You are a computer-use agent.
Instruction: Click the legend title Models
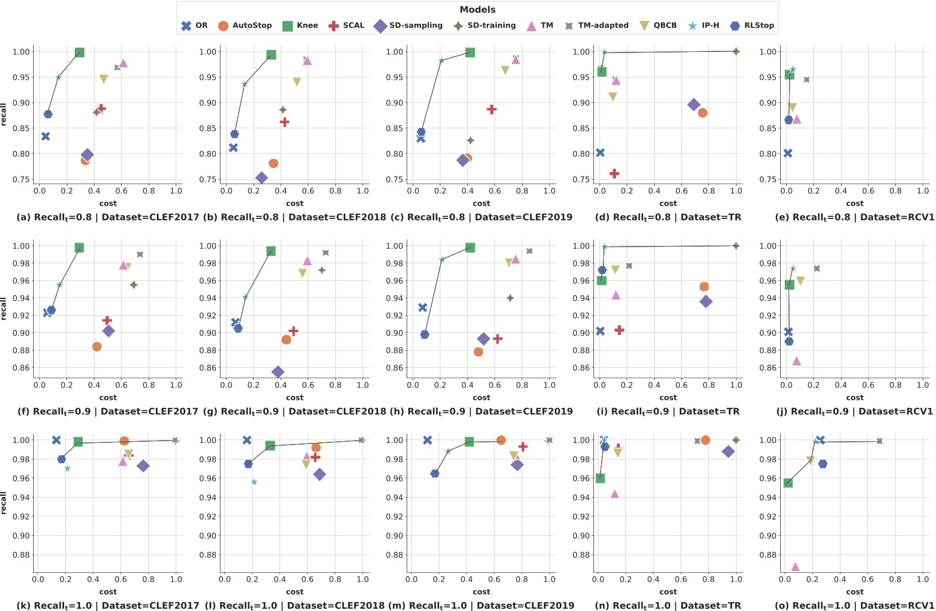tap(477, 9)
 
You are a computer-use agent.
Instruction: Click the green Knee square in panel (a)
tap(79, 53)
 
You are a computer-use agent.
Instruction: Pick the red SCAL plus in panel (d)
tap(614, 174)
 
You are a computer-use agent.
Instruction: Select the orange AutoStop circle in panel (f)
tap(97, 347)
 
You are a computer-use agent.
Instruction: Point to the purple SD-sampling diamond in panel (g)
tap(278, 372)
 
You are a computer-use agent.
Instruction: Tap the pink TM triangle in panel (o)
tap(795, 567)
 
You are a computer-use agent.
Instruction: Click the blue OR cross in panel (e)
tap(788, 153)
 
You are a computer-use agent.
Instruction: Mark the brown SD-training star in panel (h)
tap(510, 298)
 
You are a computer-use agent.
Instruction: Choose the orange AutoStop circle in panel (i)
tap(704, 287)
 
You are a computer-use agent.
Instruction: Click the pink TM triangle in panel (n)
tap(614, 494)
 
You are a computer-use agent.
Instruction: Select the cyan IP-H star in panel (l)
tap(254, 482)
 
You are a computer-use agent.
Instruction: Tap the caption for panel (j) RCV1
tap(854, 411)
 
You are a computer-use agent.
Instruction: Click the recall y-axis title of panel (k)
tap(4, 503)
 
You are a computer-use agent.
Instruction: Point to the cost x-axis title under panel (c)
tap(481, 203)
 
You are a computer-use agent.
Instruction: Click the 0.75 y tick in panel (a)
tap(21, 180)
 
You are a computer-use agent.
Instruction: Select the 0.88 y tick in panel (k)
tap(21, 555)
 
